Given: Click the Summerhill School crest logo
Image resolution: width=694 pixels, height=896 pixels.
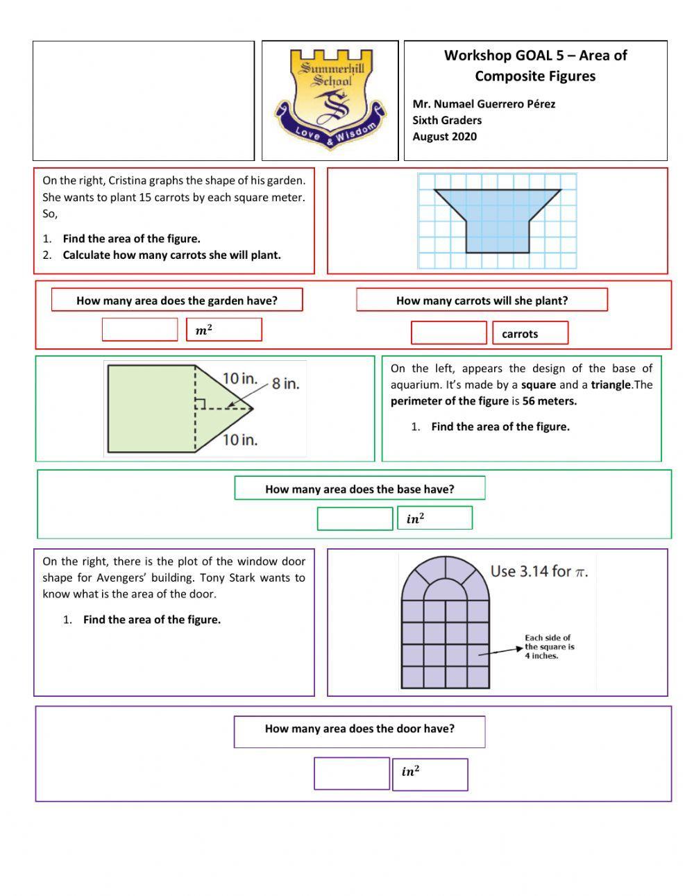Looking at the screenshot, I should coord(330,99).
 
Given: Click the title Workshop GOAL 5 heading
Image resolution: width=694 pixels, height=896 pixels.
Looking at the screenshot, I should coord(535,65).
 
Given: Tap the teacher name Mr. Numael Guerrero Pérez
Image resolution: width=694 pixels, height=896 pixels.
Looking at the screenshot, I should coord(484,104).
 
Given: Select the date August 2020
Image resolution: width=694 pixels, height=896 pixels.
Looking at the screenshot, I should coord(444,136).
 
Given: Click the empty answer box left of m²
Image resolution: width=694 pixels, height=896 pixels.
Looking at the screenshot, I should coord(139,330).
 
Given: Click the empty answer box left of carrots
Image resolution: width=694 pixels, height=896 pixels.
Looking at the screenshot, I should coord(448,333).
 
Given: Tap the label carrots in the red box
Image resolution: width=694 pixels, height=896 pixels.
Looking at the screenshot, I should coord(520,334).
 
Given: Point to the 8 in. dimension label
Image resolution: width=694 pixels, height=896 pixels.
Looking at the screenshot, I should coord(285,383).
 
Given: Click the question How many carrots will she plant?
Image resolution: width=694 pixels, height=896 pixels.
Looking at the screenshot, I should coord(482,301).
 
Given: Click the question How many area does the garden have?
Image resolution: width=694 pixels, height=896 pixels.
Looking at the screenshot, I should coord(177,301).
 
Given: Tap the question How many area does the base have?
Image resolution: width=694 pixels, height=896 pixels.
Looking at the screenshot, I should coord(359,489).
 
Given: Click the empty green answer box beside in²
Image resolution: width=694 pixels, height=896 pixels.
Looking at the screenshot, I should coord(355,518).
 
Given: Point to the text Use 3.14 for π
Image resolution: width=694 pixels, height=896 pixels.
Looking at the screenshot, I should coord(539,571).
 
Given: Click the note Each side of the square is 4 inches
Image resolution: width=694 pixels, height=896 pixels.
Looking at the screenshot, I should coord(549,646).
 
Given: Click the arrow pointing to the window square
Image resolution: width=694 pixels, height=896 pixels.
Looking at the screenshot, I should coord(500,651).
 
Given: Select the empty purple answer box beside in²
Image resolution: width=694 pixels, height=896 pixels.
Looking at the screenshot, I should coord(352,773).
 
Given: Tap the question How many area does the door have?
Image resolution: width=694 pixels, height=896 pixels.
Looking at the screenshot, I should coord(359,729).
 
